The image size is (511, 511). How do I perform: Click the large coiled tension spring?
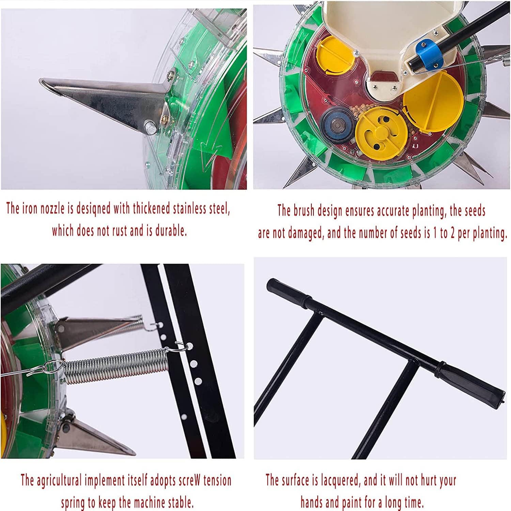point(116,368)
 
